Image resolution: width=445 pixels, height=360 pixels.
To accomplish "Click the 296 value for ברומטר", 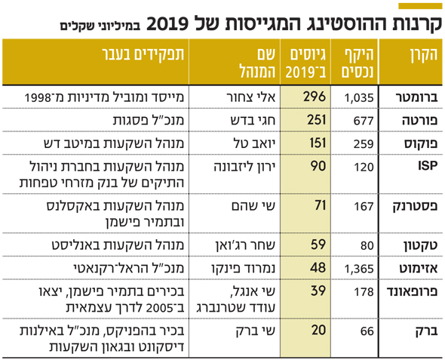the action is (315, 97).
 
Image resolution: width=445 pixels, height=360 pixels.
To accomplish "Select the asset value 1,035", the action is (359, 98).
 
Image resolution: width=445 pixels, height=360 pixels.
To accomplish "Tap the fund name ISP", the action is (428, 166).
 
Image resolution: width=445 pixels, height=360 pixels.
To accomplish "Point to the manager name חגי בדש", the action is (253, 121).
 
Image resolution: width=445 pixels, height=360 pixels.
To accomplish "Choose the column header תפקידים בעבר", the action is (143, 54).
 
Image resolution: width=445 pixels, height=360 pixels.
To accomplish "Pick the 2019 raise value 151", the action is (317, 143).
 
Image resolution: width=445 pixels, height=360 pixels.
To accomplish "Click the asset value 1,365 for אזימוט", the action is (359, 269).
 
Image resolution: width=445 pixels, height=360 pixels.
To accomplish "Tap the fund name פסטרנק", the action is (415, 206).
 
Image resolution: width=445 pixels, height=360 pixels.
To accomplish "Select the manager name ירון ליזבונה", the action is (244, 167).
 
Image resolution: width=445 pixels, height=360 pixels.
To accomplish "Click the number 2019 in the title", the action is (167, 24).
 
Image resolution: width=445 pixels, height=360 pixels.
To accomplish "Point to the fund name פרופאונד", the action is (412, 291).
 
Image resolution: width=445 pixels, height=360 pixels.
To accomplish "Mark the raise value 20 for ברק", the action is (318, 331).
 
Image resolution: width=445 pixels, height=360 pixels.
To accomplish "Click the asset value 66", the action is (367, 331).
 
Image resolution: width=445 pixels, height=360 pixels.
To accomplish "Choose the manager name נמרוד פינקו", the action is (243, 268).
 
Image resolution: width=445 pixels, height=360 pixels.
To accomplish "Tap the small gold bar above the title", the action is (420, 6).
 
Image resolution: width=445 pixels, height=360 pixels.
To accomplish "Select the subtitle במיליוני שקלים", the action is (100, 26).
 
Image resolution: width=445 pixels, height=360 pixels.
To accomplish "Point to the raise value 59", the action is (318, 245).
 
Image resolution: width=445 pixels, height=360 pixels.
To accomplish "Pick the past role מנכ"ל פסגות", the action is (149, 121).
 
